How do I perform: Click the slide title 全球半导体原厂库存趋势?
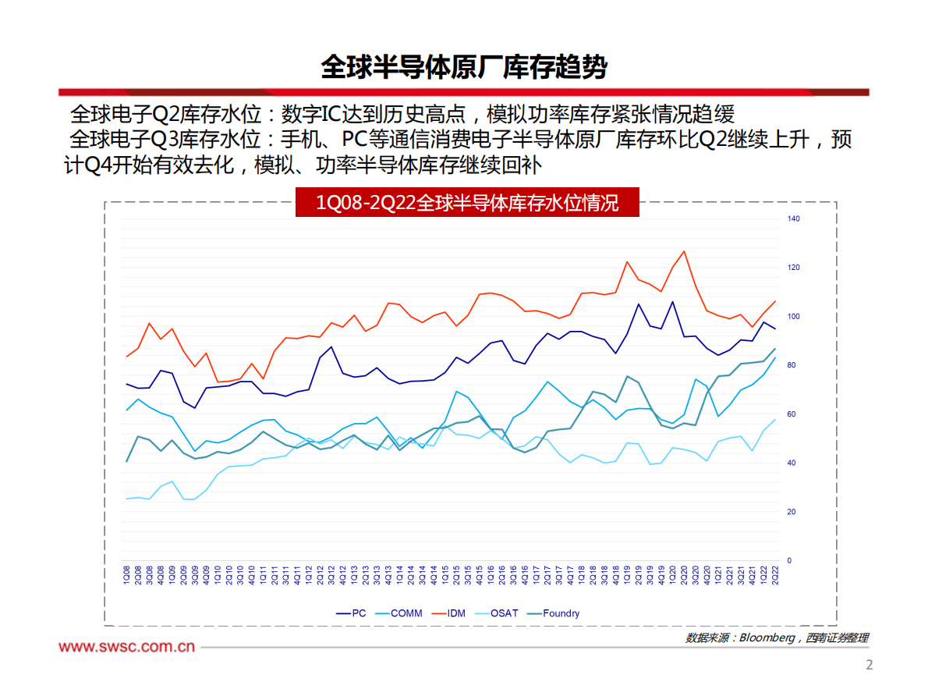(x=463, y=68)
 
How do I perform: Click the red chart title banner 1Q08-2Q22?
(x=466, y=204)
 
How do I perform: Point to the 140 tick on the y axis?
(x=794, y=218)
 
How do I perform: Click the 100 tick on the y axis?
(x=794, y=316)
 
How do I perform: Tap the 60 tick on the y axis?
(x=792, y=414)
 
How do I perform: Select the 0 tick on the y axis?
(x=789, y=561)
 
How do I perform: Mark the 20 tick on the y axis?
(x=792, y=512)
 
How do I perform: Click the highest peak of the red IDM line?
(x=684, y=251)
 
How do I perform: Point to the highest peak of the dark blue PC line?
(x=672, y=301)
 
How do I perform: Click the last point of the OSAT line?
(x=775, y=420)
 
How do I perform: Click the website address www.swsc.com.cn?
(x=127, y=647)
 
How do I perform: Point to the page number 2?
(x=870, y=666)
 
